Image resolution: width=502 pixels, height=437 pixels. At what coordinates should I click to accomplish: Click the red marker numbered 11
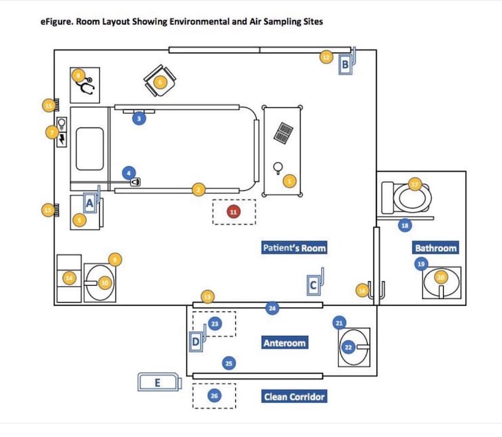(233, 212)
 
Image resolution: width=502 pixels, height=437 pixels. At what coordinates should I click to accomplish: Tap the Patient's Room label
(294, 247)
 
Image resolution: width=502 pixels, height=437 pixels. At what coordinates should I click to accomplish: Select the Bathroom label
(435, 247)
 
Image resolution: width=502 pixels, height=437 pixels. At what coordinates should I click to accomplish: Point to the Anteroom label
(284, 343)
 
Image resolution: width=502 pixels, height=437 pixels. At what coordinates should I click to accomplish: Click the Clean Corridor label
(294, 396)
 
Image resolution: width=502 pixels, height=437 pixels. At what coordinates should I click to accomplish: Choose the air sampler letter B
(345, 64)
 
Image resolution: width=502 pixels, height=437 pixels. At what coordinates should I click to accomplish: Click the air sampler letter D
(196, 342)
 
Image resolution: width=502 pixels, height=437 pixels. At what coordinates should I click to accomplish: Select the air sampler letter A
(89, 203)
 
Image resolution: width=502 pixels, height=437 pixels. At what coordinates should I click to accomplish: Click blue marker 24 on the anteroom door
(272, 308)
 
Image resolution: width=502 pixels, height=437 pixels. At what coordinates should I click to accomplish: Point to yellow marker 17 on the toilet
(415, 184)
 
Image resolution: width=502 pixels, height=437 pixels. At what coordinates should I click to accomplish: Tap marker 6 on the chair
(159, 82)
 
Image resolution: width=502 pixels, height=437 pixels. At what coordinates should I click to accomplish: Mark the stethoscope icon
(87, 87)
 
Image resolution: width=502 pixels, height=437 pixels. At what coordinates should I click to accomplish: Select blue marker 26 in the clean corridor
(214, 396)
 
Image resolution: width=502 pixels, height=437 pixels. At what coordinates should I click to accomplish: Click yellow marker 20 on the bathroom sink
(441, 277)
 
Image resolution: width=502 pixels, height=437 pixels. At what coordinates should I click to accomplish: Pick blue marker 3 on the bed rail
(140, 117)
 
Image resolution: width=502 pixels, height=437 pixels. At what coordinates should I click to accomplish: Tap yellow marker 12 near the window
(325, 57)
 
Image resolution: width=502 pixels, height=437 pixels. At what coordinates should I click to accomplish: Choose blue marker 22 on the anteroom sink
(349, 347)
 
